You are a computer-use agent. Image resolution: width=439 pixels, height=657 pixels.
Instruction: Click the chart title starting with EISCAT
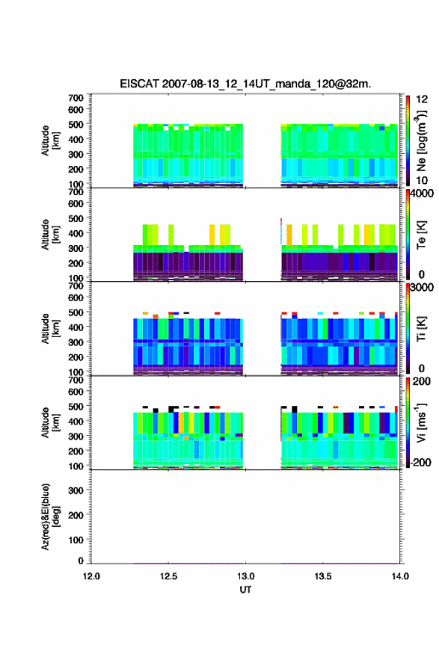[x=245, y=84]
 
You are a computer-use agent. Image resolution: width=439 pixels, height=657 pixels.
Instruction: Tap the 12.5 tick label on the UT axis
[x=168, y=576]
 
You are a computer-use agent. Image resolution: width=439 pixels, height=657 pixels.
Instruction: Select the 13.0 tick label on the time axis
[x=246, y=576]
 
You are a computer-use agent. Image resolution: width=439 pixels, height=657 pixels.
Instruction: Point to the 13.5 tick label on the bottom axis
[x=323, y=576]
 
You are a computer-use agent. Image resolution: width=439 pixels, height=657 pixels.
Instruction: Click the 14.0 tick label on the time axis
[x=400, y=576]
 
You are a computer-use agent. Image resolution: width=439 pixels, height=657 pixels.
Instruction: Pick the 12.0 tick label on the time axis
[x=91, y=576]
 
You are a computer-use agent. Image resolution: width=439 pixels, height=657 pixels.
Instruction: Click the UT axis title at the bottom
[x=245, y=590]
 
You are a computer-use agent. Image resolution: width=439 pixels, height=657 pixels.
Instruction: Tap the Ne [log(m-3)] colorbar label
[x=422, y=141]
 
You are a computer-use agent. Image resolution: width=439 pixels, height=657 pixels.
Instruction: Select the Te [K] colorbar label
[x=421, y=235]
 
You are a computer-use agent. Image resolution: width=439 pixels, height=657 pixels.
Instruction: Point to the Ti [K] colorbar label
[x=421, y=329]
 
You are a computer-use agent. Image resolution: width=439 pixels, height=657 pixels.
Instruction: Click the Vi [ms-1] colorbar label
[x=421, y=422]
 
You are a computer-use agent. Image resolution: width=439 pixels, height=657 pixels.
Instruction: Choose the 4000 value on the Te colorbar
[x=423, y=194]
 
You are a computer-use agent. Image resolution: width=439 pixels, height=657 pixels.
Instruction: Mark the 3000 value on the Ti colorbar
[x=423, y=288]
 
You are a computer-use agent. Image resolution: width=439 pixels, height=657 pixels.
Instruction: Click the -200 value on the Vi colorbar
[x=420, y=463]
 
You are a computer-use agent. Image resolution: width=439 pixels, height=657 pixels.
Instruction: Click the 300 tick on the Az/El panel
[x=76, y=490]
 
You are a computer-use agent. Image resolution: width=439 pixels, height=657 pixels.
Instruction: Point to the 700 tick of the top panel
[x=76, y=98]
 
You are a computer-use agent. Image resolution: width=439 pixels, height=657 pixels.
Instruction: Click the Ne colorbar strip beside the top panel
[x=408, y=141]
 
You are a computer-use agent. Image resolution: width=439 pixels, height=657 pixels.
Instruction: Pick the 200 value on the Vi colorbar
[x=422, y=381]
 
